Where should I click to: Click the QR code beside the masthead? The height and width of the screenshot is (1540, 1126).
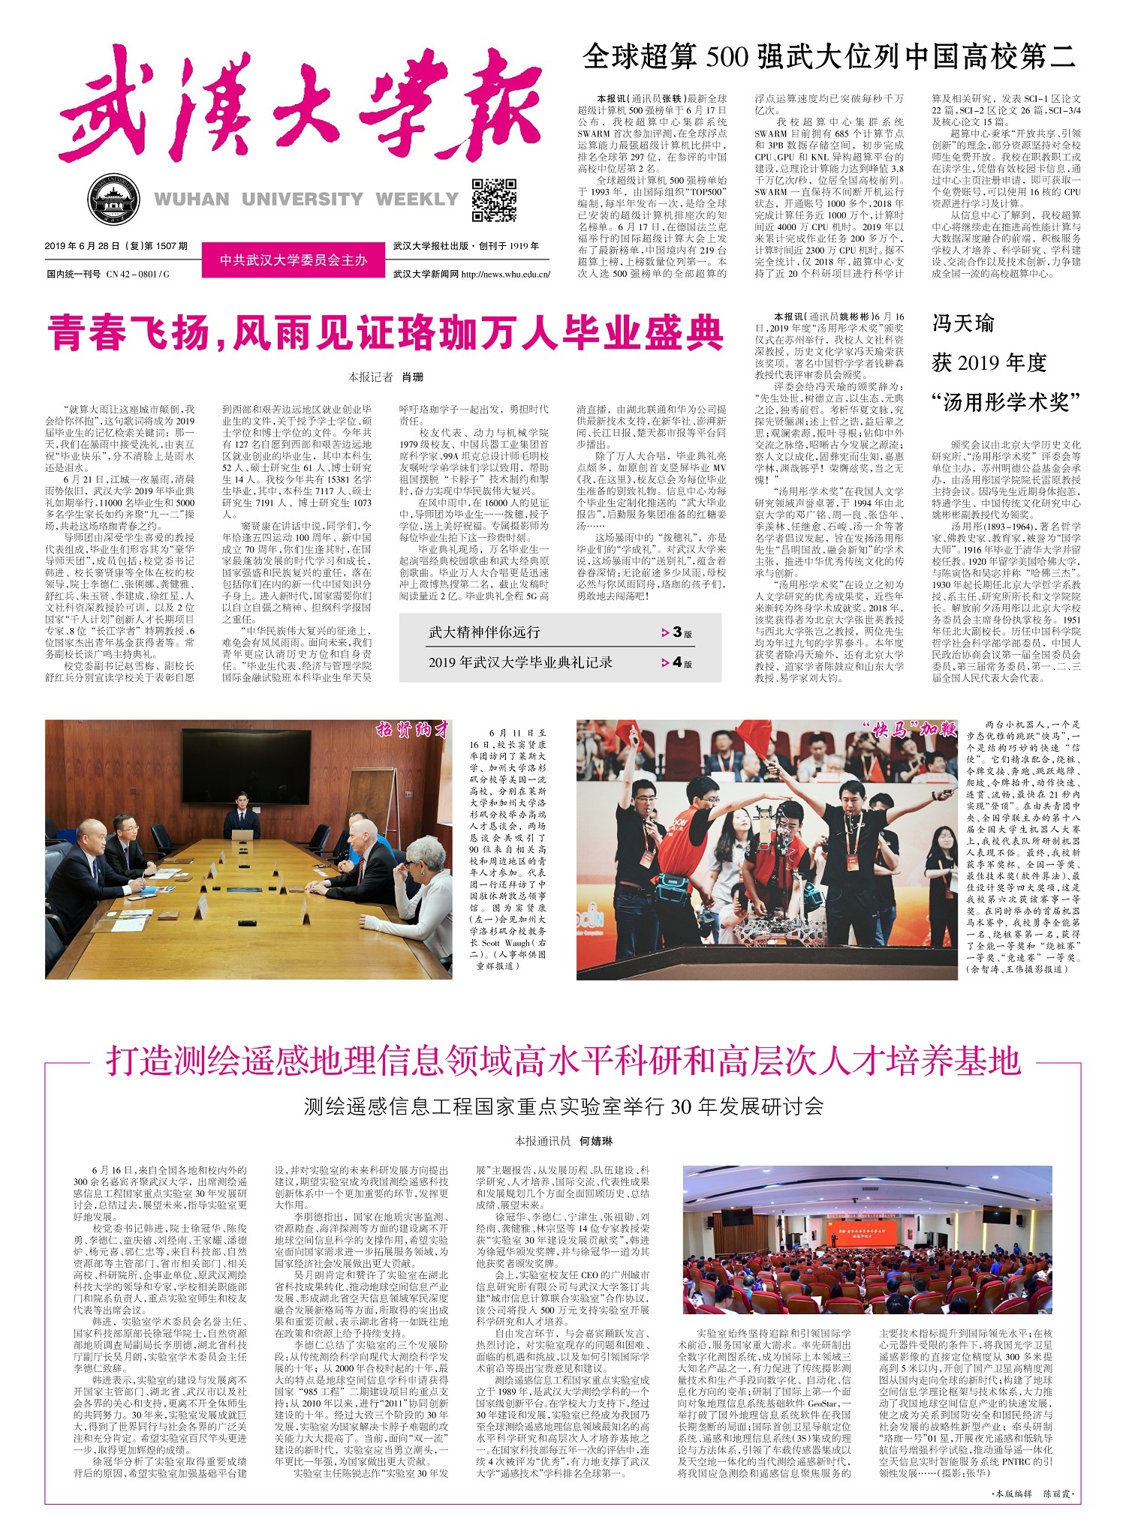tap(494, 200)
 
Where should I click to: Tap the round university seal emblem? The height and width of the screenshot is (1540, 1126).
tap(114, 200)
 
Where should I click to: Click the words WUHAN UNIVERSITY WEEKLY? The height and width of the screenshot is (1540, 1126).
tap(306, 200)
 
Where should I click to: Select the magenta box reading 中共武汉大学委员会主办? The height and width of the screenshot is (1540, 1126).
tap(294, 260)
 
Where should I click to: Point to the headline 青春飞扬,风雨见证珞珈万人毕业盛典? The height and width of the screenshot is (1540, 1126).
tap(386, 332)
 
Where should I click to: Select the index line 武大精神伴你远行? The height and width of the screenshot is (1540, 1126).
tap(484, 632)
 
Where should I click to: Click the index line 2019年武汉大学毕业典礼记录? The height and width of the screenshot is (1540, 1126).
tap(520, 662)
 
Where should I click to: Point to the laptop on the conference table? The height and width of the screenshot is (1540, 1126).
tap(242, 835)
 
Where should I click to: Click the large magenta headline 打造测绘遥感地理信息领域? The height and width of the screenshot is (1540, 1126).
tap(563, 1061)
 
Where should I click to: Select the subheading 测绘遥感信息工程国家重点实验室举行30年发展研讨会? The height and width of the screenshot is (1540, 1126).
tap(563, 1106)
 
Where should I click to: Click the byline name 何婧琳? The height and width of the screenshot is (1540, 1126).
tap(595, 1141)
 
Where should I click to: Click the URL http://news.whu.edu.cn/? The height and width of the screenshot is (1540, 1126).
tap(505, 275)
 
